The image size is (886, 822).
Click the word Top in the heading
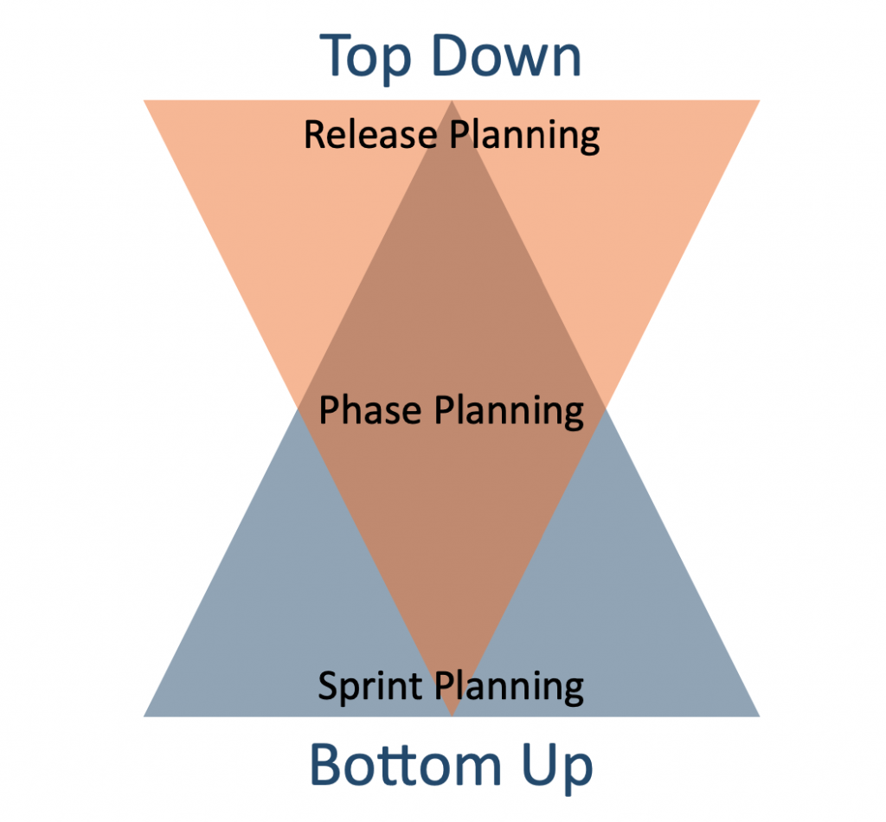[x=365, y=57]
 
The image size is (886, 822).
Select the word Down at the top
[x=507, y=55]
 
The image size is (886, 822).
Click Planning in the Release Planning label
[x=524, y=136]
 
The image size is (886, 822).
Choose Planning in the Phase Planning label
[x=509, y=412]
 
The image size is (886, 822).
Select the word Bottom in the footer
[x=406, y=765]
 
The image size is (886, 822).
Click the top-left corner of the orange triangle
[x=144, y=100]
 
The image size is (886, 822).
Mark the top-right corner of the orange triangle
[x=760, y=100]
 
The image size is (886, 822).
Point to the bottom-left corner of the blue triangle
[x=144, y=717]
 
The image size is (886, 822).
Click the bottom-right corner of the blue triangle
[x=760, y=717]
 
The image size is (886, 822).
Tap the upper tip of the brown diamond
[x=452, y=100]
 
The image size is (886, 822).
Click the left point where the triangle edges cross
[x=299, y=408]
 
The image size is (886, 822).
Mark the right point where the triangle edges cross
[x=606, y=408]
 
